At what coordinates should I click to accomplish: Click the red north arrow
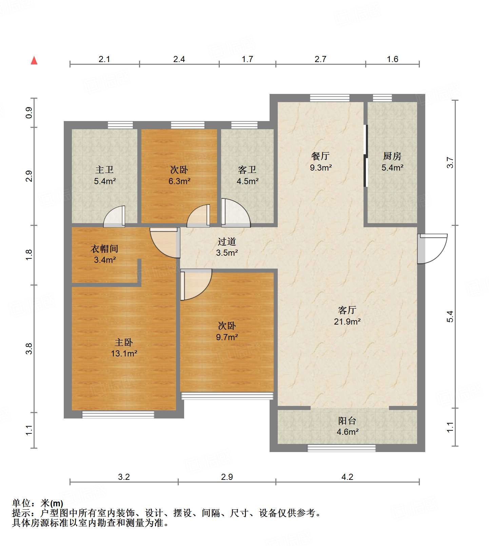coord(34,60)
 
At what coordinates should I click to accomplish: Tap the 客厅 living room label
coord(347,310)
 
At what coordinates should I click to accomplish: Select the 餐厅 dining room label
coord(320,156)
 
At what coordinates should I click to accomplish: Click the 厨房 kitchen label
coord(392,156)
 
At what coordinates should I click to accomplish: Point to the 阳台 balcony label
coord(347,421)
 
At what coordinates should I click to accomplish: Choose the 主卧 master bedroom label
coord(124,342)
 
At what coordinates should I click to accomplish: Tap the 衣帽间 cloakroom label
coord(104,249)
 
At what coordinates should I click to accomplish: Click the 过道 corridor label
coord(227,241)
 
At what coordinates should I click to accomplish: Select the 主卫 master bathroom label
coord(104,170)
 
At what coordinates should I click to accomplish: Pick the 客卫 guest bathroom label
coord(247,170)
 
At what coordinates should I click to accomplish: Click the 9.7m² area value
coord(227,337)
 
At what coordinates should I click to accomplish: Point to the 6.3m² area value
coord(179,181)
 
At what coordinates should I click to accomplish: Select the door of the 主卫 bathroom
coord(114,216)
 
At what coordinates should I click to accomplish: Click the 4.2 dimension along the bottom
coord(347,477)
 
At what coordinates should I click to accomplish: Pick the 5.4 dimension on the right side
coord(450,316)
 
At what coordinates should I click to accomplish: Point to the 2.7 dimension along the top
coord(320,59)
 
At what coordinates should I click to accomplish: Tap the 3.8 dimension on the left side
coord(29,349)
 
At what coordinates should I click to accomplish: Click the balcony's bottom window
coord(341,448)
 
